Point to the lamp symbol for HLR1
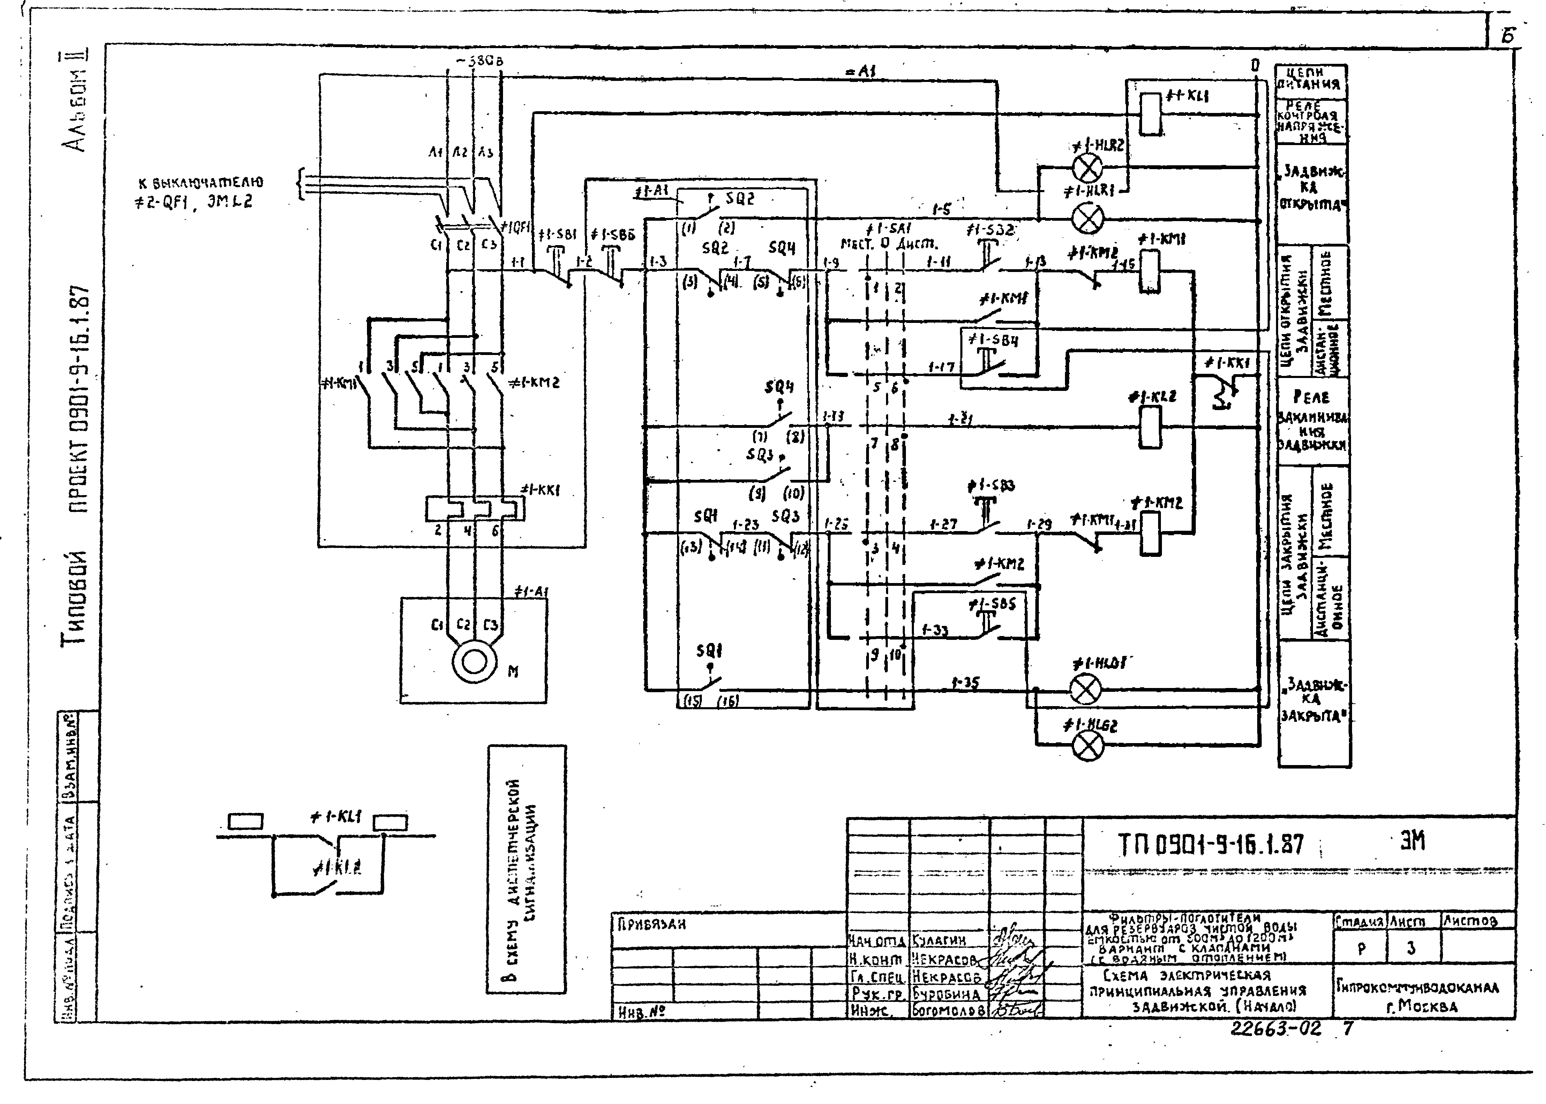(x=1087, y=219)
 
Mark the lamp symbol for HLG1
(x=1086, y=690)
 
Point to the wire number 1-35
(x=966, y=682)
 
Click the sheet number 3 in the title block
(x=1411, y=948)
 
